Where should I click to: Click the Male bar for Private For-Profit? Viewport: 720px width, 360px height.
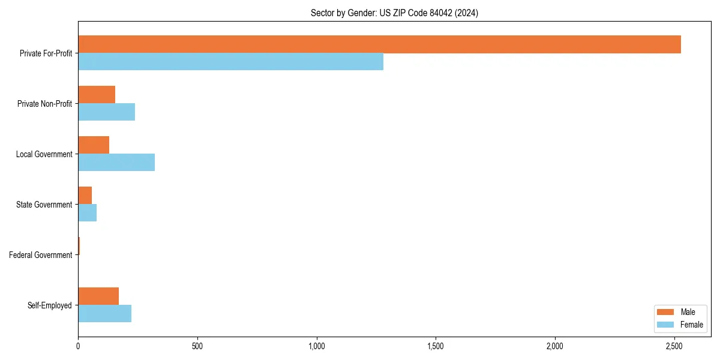pos(379,44)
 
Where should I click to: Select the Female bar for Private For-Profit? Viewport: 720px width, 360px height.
pos(230,62)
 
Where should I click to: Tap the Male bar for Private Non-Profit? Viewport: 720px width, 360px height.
pos(97,95)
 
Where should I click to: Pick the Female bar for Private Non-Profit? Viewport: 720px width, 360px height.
pos(106,112)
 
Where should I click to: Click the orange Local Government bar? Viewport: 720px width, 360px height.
pos(94,145)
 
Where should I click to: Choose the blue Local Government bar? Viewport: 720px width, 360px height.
pos(116,163)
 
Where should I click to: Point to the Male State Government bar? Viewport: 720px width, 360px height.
pos(85,196)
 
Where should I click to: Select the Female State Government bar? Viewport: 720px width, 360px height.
pos(88,213)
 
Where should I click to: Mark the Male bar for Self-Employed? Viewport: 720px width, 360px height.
pos(98,296)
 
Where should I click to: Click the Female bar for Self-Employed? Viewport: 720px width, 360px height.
pos(104,314)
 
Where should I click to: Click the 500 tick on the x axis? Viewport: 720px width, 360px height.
pos(197,346)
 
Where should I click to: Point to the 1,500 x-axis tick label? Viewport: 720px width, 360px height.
pos(436,346)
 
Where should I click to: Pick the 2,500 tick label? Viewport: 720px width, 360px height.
pos(674,346)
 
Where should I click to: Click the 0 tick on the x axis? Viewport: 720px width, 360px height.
pos(78,346)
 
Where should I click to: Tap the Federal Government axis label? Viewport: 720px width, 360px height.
pos(41,255)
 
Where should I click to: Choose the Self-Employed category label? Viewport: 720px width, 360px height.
pos(50,305)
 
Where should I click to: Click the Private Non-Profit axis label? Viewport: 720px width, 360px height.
pos(45,104)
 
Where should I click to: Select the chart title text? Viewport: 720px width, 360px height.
pos(394,13)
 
